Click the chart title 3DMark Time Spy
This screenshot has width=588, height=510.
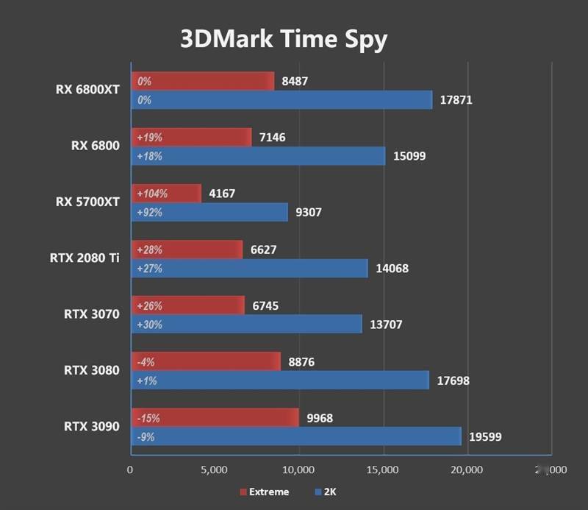point(283,39)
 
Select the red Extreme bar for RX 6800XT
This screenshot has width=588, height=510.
point(203,81)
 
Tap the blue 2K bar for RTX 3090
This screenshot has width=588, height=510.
point(295,436)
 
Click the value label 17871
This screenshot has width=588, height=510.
point(456,100)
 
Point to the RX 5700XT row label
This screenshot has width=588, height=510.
point(87,202)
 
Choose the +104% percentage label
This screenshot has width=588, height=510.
point(152,194)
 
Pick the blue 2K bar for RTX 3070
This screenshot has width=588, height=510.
point(246,324)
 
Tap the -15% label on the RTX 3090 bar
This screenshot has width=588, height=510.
point(148,418)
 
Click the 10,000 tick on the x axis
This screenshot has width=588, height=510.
point(298,470)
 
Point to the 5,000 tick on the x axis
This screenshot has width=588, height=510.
point(214,470)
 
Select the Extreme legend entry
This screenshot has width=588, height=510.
point(264,492)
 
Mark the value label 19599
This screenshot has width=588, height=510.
point(485,437)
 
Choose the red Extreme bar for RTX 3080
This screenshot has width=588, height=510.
point(206,361)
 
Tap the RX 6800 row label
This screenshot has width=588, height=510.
point(95,146)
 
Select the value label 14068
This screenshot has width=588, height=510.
point(392,269)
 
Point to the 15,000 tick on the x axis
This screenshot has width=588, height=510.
point(383,470)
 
